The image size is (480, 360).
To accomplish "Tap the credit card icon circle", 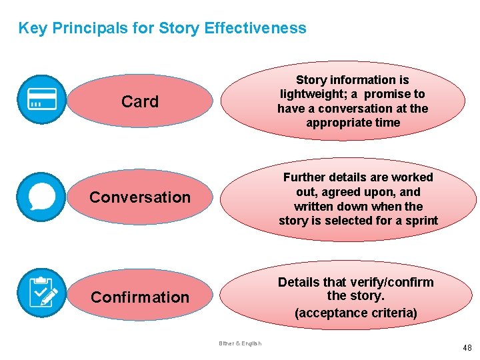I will point(41,99).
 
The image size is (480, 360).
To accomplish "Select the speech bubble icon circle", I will point(41,197).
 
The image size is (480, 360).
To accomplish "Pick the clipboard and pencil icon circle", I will point(41,292).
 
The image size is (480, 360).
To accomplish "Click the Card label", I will point(140,102).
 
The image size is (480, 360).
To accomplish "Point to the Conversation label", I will point(140,197).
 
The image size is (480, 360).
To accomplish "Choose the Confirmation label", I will point(140,297).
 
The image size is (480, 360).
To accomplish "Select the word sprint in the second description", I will point(421,221).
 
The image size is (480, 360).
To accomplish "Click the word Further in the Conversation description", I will point(304,177).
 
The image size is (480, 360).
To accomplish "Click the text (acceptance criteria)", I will point(356,313).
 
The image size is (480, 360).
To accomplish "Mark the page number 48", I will point(466,348).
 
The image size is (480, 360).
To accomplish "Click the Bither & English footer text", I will point(240,343).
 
